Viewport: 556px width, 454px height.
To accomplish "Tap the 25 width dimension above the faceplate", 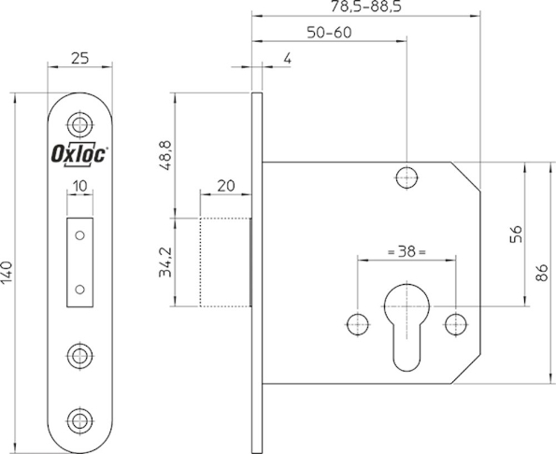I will click(x=80, y=58).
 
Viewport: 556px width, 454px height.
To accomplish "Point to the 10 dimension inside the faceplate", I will click(x=80, y=186).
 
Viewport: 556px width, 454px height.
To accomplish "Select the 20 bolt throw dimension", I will click(x=224, y=185).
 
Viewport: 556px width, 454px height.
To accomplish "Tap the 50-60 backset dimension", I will click(x=329, y=33).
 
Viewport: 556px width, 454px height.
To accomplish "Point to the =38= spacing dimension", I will click(x=405, y=252).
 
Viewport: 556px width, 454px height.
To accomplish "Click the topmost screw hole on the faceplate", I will click(x=80, y=124).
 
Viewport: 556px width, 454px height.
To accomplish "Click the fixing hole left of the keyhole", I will click(x=356, y=324).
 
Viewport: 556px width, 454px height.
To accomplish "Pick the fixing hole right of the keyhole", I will click(x=454, y=324).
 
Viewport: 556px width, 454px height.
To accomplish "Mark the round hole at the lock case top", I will click(x=406, y=177).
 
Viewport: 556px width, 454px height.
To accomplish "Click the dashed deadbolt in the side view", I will click(x=224, y=261).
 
